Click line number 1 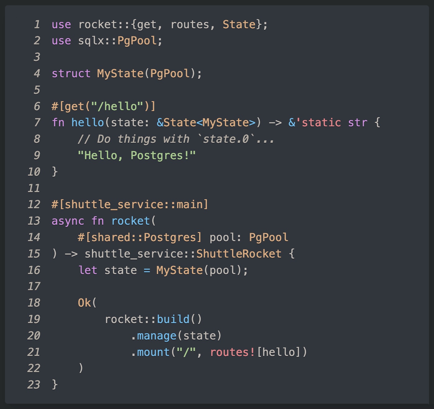coord(37,24)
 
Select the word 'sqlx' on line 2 coord(91,41)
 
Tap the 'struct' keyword coord(71,73)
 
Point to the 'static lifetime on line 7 coord(318,122)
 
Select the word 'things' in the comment coord(137,139)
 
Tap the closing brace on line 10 coord(55,172)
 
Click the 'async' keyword coord(68,221)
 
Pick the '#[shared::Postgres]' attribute coord(139,237)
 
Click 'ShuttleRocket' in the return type coord(239,254)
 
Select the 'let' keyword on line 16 coord(87,270)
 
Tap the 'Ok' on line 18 coord(85,303)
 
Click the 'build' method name coord(173,319)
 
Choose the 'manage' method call coord(157,336)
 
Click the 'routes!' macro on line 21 coord(232,352)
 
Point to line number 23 coord(34,384)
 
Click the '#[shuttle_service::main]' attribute coord(130,204)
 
